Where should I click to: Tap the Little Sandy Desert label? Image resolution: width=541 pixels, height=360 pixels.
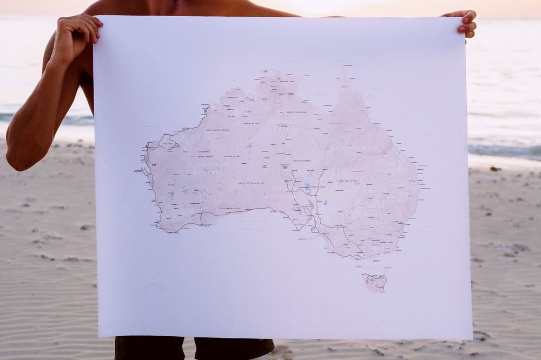point(201,157)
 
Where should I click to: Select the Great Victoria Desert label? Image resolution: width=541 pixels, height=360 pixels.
point(252,183)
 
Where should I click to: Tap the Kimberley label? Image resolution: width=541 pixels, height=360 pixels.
point(233,97)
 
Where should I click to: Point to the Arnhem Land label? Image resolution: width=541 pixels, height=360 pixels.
point(284,81)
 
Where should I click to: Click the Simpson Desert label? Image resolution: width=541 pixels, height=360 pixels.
point(302,161)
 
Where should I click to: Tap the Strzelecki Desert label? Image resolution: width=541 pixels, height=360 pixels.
point(347,181)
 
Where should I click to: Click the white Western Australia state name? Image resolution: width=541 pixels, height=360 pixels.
point(213,168)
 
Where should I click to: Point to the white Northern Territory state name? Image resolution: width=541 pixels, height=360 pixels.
point(285,126)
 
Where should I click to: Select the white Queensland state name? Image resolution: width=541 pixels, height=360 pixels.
point(354,148)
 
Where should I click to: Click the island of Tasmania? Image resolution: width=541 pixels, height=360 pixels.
point(375,281)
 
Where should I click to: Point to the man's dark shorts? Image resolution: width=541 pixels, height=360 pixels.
point(195,348)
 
